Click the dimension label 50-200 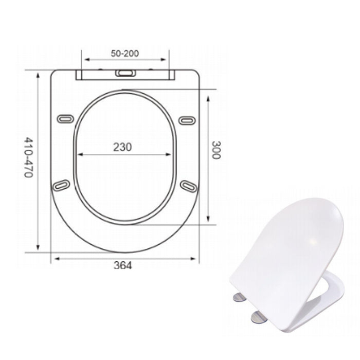125,52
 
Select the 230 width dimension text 122,147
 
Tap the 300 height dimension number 216,150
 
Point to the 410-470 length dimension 29,157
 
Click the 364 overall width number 123,265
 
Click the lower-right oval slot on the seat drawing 189,186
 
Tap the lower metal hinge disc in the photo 258,317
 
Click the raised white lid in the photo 288,252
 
